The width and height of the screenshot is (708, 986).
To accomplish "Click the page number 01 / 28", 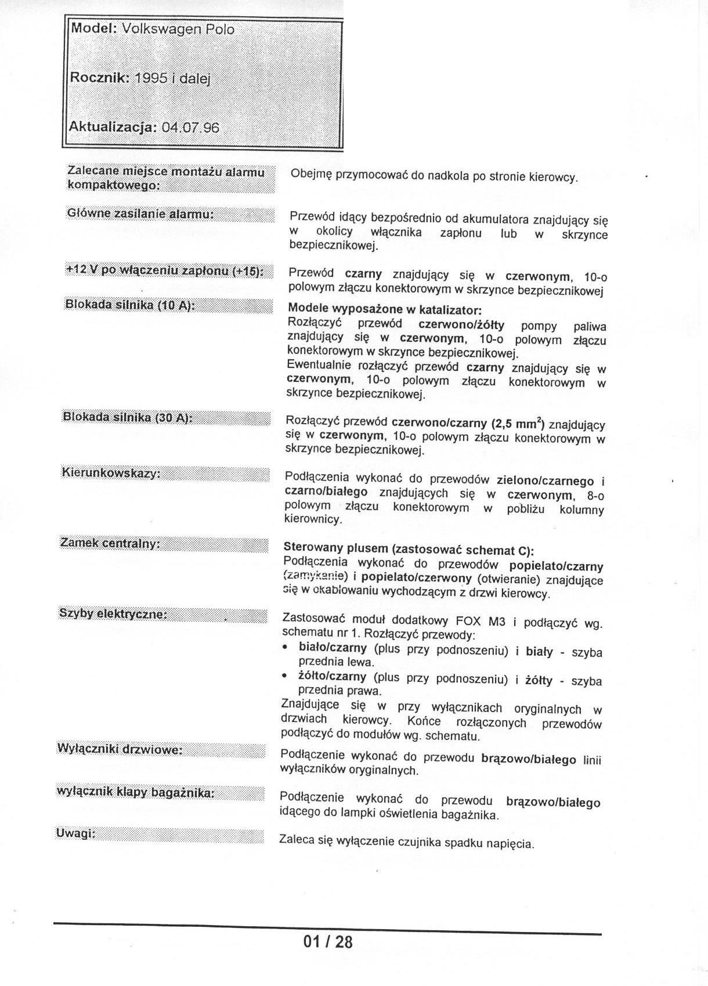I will [328, 941].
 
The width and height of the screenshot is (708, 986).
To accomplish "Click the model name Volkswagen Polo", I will [178, 29].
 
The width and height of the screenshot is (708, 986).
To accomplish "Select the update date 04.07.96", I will [191, 127].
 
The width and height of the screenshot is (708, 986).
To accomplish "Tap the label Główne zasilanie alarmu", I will [141, 214].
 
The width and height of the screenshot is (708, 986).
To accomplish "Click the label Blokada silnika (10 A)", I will [129, 305].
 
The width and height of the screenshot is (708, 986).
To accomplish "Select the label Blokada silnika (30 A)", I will [127, 417].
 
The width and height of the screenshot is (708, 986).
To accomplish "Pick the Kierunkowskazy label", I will [110, 473].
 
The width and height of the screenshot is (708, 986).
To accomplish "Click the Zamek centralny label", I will [110, 544].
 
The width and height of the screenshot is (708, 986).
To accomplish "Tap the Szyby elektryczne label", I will [113, 613].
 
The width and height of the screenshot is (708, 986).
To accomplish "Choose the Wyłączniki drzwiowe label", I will [120, 749].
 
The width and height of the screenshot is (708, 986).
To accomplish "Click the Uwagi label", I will [75, 833].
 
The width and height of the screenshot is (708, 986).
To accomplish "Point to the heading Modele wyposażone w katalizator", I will [385, 310].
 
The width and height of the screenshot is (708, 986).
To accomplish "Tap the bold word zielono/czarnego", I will [546, 481].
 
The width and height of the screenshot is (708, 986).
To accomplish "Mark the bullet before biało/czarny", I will [285, 647].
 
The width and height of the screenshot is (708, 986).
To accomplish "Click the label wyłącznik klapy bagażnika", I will [135, 792].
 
